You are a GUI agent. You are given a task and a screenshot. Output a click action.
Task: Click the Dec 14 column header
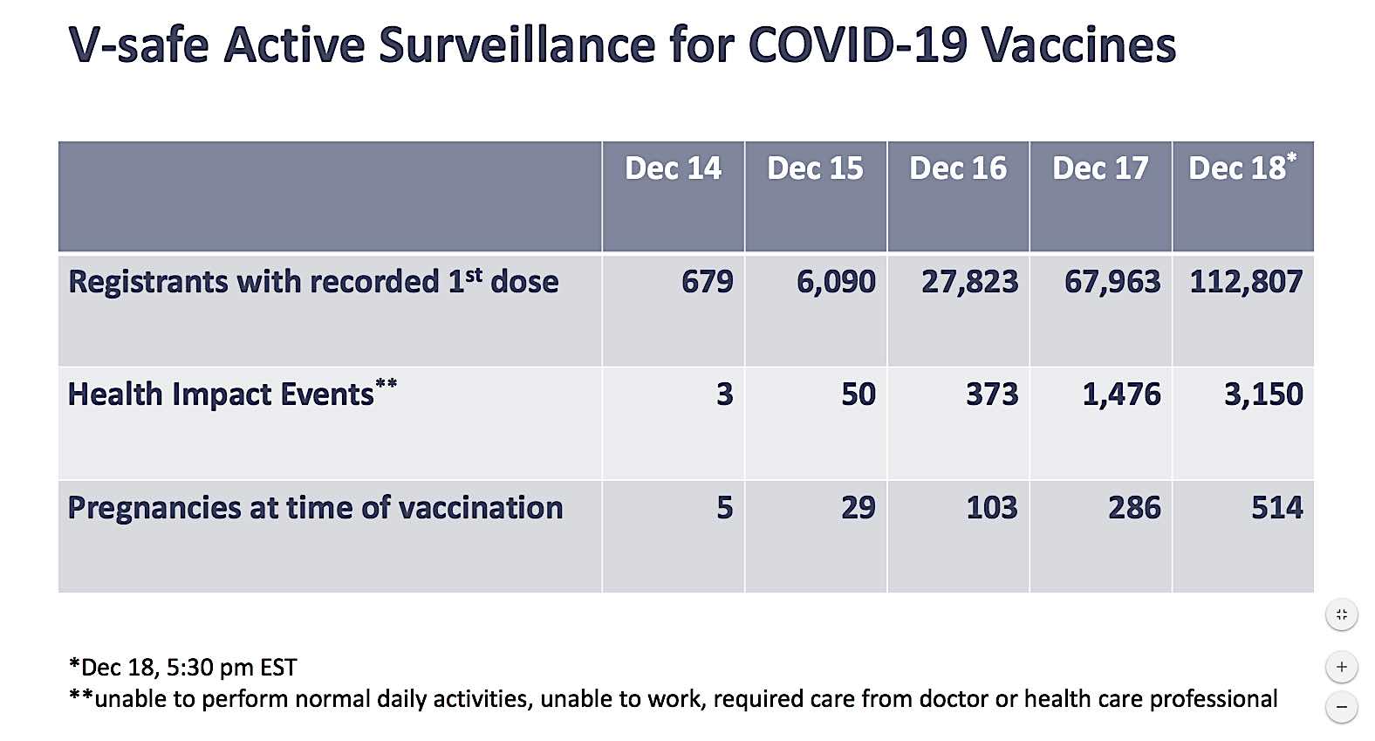tap(673, 168)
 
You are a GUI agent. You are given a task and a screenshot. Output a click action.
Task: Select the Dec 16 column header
tap(958, 168)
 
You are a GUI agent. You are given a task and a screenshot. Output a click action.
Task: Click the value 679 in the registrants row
tap(708, 282)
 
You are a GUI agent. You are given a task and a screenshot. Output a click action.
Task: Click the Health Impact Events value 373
tap(992, 395)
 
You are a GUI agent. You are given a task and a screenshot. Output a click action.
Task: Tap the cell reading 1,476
tap(1121, 395)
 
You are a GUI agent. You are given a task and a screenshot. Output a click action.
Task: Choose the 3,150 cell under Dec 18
tap(1264, 395)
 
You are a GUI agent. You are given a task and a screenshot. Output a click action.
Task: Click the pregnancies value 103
tap(992, 508)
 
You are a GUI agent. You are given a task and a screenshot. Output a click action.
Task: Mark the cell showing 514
tap(1277, 508)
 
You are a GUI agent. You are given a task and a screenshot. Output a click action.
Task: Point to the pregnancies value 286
tap(1134, 508)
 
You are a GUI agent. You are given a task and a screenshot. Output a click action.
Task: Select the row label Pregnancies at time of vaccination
tap(315, 508)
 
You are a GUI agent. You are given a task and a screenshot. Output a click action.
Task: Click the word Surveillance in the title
tap(517, 45)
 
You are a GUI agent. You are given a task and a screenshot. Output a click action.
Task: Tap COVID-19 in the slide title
tap(859, 45)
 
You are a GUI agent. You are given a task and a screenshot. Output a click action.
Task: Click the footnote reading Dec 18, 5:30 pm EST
tap(183, 668)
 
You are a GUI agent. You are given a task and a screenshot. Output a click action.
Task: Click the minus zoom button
tap(1342, 707)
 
